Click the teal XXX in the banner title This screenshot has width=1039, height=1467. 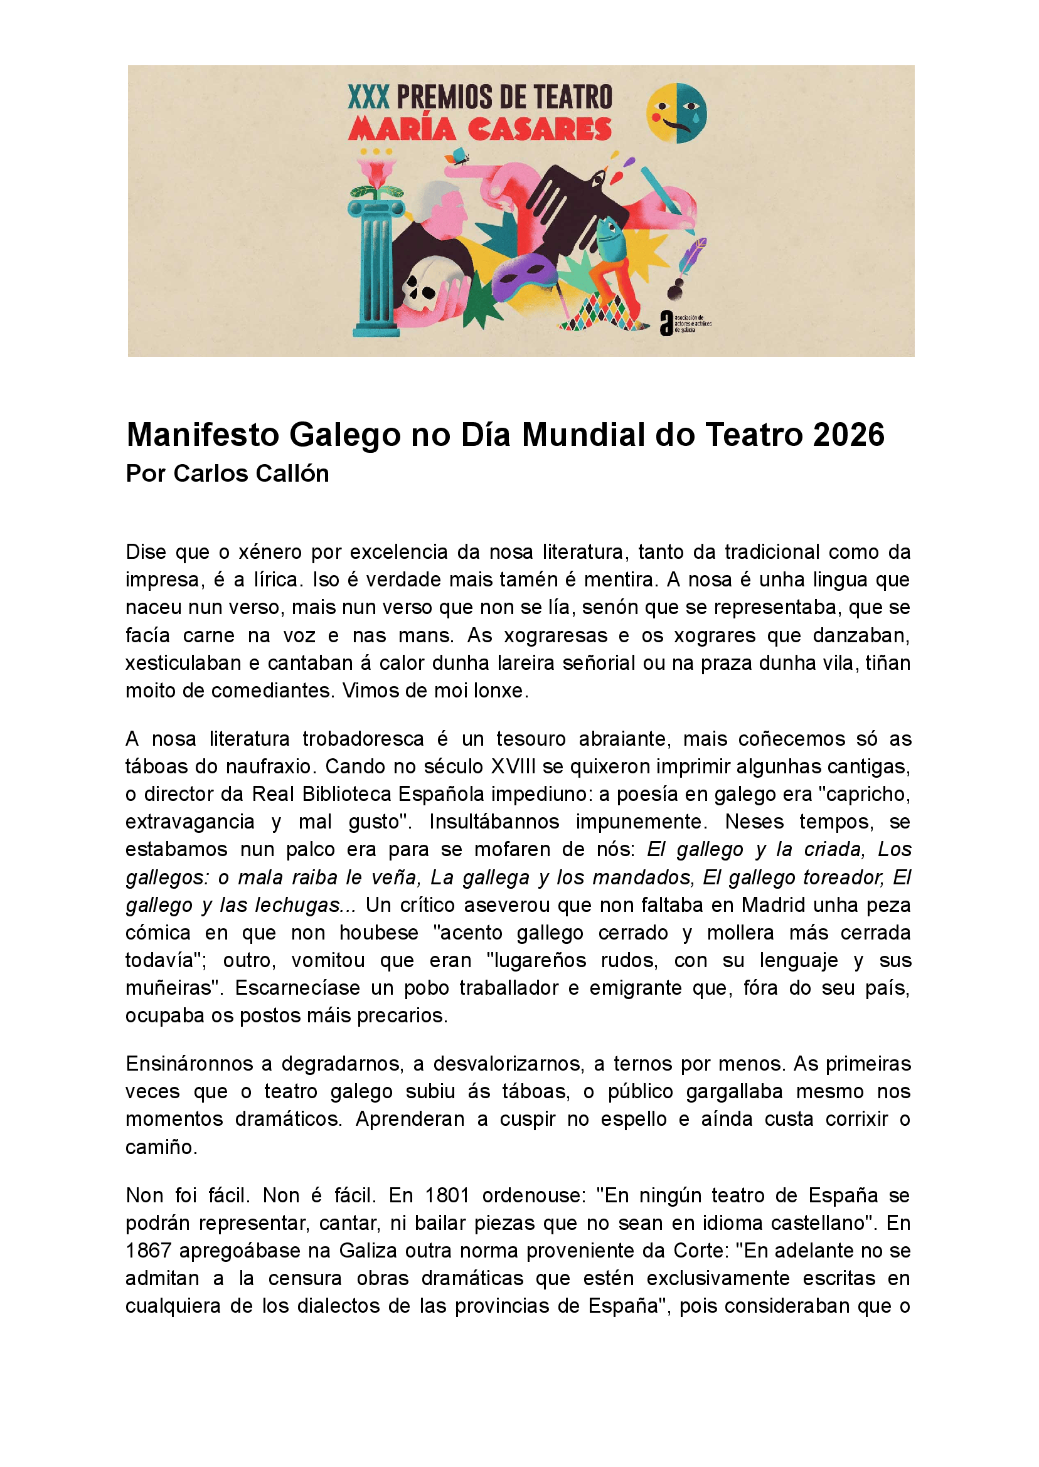tap(368, 97)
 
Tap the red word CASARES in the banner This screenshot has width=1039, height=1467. tap(541, 129)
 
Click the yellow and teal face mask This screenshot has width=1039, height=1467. tap(676, 113)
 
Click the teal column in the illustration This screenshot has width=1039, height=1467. tap(376, 268)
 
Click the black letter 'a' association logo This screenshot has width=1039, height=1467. tap(667, 323)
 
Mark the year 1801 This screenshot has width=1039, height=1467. tap(447, 1195)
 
